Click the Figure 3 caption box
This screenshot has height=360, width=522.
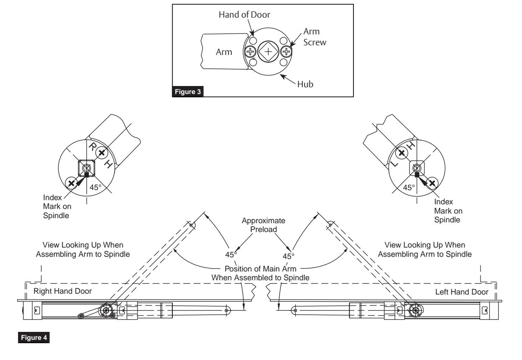tap(187, 91)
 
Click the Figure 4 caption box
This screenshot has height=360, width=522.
tap(34, 338)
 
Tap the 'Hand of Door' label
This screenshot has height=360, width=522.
tap(244, 15)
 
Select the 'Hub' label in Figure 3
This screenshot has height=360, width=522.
tap(305, 84)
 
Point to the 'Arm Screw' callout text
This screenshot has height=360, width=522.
tap(314, 37)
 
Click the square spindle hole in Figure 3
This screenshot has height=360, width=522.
tap(268, 52)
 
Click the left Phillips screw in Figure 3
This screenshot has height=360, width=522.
tap(250, 52)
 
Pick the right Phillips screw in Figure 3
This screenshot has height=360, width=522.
tap(286, 52)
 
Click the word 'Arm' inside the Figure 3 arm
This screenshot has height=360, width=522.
tap(224, 52)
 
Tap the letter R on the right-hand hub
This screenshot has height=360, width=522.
tap(93, 147)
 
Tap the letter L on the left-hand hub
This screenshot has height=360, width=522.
tap(394, 164)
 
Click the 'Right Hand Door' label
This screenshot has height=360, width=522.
tap(62, 291)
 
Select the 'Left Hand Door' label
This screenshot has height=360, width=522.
tap(462, 292)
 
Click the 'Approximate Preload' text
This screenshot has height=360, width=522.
tap(264, 225)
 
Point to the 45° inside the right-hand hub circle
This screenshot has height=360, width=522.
tap(96, 187)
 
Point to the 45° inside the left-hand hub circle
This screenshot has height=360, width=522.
tap(409, 188)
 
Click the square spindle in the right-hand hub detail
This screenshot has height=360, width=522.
tap(86, 168)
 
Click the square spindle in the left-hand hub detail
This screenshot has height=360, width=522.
tap(417, 168)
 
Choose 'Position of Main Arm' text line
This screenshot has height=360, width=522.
tap(260, 269)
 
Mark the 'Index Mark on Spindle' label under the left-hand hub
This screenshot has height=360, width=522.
tap(448, 211)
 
